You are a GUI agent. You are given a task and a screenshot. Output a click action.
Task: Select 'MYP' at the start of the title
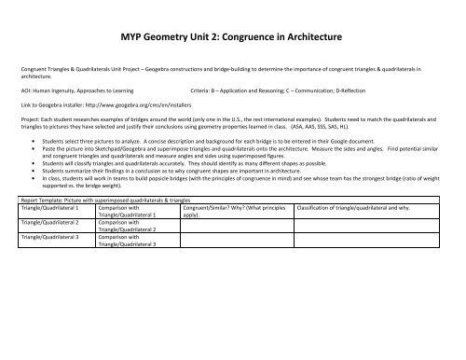pyautogui.click(x=136, y=37)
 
